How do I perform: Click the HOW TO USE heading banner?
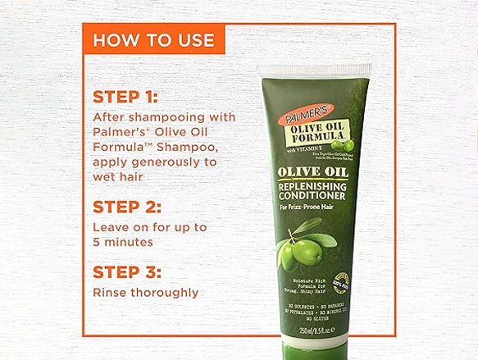153,39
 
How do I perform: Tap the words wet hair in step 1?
118,176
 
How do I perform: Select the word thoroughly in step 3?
167,292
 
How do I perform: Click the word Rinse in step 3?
109,292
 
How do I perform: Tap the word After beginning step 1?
109,117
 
